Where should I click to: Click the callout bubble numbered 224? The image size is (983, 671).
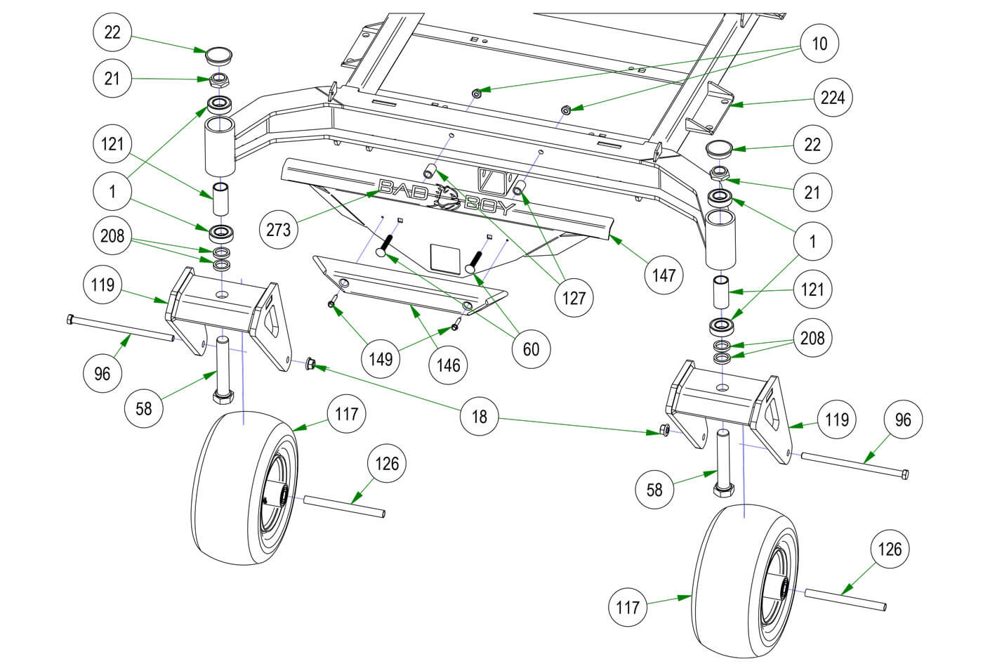833,98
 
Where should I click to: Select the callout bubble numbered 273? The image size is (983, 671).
279,228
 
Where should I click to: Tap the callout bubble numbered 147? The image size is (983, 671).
664,274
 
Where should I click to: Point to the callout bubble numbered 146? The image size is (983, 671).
448,365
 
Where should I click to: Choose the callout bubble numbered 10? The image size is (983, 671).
819,44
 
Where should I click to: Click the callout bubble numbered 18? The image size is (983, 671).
479,417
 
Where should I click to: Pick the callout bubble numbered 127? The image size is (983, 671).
574,298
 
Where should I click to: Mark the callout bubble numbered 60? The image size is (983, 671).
532,348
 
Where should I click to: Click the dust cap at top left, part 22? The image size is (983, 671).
218,54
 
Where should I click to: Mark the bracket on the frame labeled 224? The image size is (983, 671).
712,105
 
